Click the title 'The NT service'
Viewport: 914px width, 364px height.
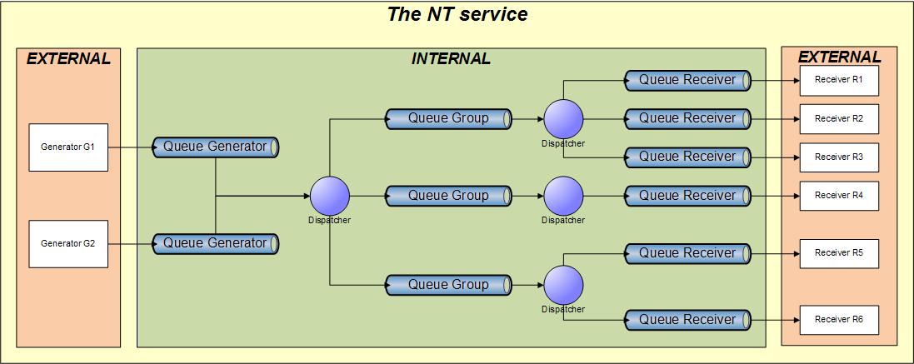[457, 13]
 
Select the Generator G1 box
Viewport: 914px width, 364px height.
[68, 147]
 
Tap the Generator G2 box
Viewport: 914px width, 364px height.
[68, 244]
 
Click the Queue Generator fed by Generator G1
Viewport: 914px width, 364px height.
[216, 147]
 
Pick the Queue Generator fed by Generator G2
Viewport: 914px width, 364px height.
[216, 243]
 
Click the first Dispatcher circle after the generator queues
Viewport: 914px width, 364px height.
[329, 196]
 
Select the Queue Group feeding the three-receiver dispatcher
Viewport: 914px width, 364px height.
[449, 118]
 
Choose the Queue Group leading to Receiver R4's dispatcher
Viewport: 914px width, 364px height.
[449, 196]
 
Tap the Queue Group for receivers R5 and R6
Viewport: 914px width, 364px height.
[449, 285]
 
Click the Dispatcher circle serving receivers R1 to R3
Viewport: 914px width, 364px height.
[564, 119]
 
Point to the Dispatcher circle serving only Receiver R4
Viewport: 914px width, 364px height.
[564, 196]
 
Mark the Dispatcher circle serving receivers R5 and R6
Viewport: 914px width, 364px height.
[564, 285]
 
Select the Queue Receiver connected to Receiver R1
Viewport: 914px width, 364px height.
[688, 80]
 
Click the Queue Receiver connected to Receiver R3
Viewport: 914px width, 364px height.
[688, 157]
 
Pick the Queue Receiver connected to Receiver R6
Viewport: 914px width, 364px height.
[688, 320]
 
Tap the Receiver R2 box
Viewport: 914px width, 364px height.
[839, 119]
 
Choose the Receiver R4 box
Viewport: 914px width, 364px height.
[839, 196]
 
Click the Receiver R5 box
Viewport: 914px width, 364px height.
[839, 253]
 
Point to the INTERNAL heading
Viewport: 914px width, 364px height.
[451, 59]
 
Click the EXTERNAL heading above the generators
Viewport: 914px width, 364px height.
[68, 59]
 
